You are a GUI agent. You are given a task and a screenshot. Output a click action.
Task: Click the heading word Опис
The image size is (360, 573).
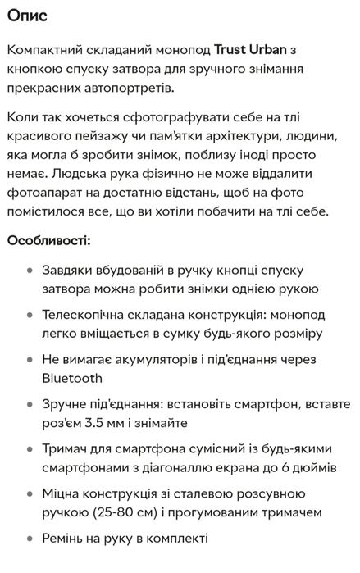click(x=28, y=15)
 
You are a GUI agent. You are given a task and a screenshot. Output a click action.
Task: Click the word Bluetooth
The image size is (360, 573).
click(x=72, y=378)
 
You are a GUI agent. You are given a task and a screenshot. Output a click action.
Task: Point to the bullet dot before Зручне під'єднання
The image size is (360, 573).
click(x=30, y=404)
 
